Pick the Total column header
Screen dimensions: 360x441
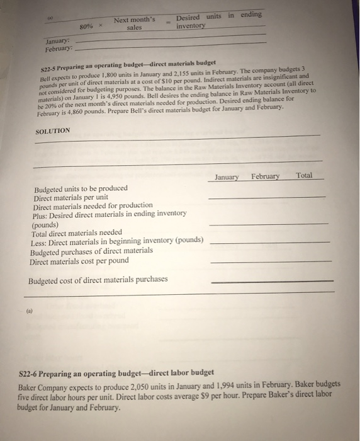(x=304, y=176)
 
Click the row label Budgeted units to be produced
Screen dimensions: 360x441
(x=81, y=188)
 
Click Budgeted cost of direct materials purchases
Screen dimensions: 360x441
(x=98, y=279)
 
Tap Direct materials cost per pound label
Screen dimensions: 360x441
(x=79, y=260)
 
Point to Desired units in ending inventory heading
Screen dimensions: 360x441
(x=218, y=21)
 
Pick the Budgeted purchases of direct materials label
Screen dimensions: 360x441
(x=91, y=251)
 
